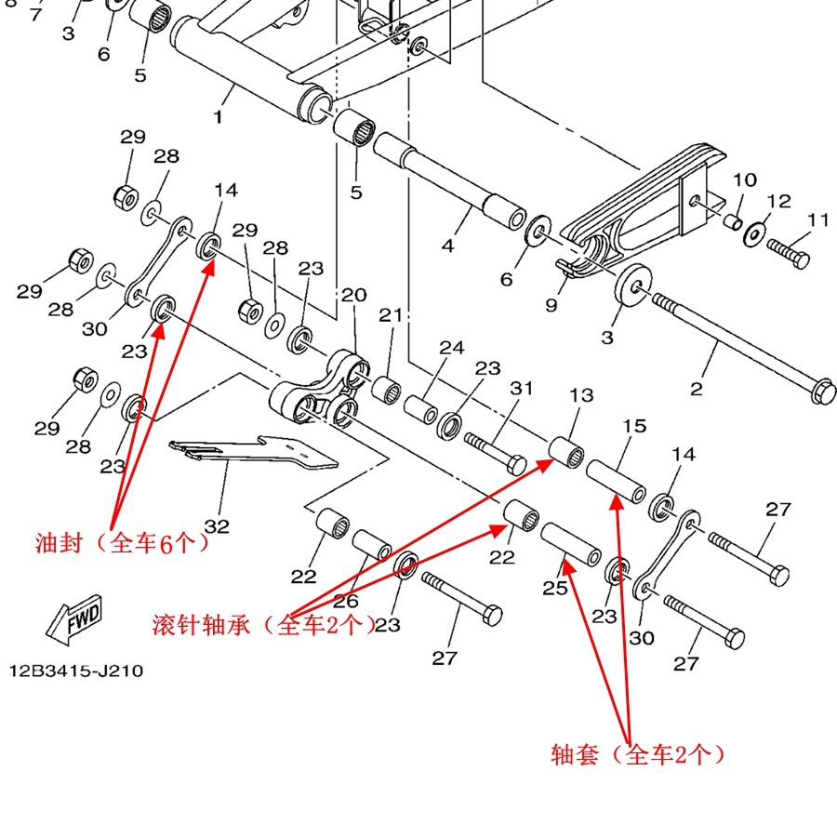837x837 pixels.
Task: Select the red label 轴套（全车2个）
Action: pos(638,754)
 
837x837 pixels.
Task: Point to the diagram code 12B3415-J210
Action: pos(76,670)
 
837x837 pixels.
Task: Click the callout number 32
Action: pos(217,526)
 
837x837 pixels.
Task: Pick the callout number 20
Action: pos(353,296)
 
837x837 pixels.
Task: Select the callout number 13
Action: pos(581,395)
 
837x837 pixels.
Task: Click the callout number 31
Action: pos(522,388)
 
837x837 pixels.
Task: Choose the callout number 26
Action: pos(346,601)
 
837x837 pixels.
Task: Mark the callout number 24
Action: pos(452,348)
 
